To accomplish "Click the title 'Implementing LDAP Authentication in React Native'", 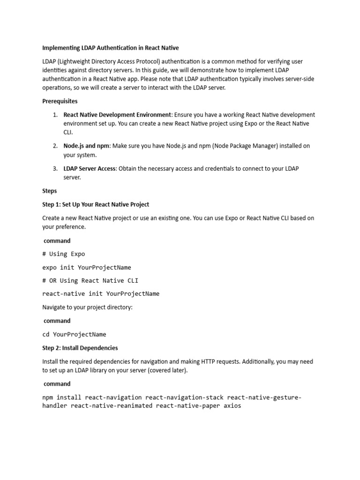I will point(111,48).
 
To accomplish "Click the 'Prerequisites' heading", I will point(60,101).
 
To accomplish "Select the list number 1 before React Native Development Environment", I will point(55,115).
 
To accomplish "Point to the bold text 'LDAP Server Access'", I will point(90,169).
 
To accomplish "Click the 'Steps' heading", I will point(50,191).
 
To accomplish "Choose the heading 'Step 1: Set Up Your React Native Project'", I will point(96,204).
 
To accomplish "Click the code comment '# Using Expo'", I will point(64,254).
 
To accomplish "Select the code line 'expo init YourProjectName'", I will point(87,267).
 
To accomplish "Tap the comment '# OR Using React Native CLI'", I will point(90,280).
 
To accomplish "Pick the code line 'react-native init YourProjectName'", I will point(101,294).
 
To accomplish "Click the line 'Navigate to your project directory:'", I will point(88,307).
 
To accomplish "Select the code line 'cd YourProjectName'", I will point(74,334).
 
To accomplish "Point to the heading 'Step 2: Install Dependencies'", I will point(80,348).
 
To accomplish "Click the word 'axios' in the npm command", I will point(232,405).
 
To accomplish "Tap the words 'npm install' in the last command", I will point(62,397).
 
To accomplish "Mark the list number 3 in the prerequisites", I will point(55,169).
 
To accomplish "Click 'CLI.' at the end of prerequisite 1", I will point(68,133).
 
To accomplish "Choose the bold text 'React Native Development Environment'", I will point(117,115).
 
